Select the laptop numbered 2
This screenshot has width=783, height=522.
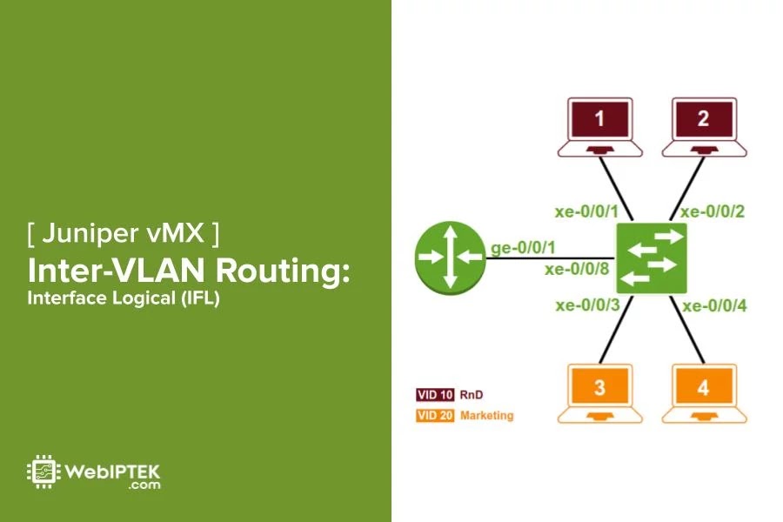(x=703, y=127)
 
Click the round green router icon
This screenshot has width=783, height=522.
(x=449, y=257)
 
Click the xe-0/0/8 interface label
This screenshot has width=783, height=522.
(x=576, y=270)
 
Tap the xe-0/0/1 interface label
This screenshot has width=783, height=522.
(x=586, y=211)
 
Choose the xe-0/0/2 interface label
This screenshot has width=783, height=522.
(x=713, y=211)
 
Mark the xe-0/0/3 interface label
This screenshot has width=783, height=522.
(x=586, y=304)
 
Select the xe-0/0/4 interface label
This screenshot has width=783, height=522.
(x=714, y=305)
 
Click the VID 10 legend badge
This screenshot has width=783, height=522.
(x=434, y=395)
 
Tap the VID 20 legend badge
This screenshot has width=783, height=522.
(x=434, y=416)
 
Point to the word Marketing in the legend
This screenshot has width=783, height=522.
(x=486, y=416)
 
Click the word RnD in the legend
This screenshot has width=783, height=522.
(x=471, y=395)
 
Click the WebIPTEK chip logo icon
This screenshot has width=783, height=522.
(x=42, y=471)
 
